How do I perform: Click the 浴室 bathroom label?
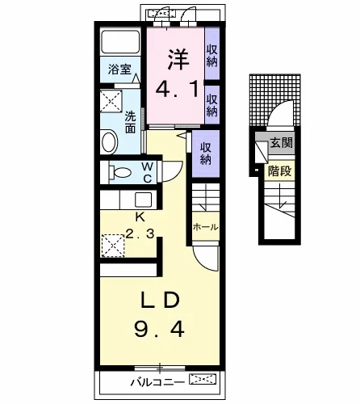point(119,69)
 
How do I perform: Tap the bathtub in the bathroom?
point(120,42)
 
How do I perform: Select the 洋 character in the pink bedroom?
point(178,59)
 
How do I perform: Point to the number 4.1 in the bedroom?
point(178,89)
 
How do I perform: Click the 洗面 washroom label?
point(130,123)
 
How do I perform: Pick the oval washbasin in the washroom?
point(109,142)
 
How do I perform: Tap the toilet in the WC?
point(120,172)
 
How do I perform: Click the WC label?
point(148,173)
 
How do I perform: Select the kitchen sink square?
point(143,200)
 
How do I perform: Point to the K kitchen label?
point(140,217)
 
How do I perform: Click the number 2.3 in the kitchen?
point(140,234)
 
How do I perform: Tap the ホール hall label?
point(206,227)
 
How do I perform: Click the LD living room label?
point(161,301)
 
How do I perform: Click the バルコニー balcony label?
point(157,382)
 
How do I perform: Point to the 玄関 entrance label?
point(281,142)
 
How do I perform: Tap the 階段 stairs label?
point(280,170)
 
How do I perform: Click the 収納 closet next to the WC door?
point(206,154)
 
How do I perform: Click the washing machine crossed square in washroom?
point(111,101)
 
